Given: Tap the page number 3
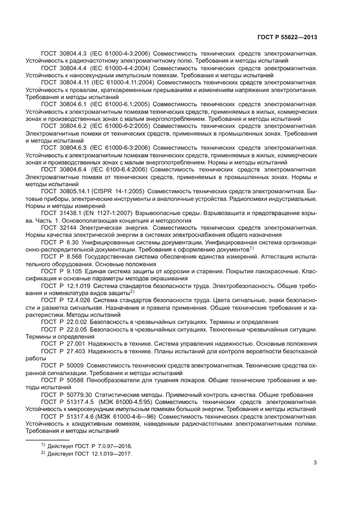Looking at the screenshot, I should [x=315, y=463].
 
